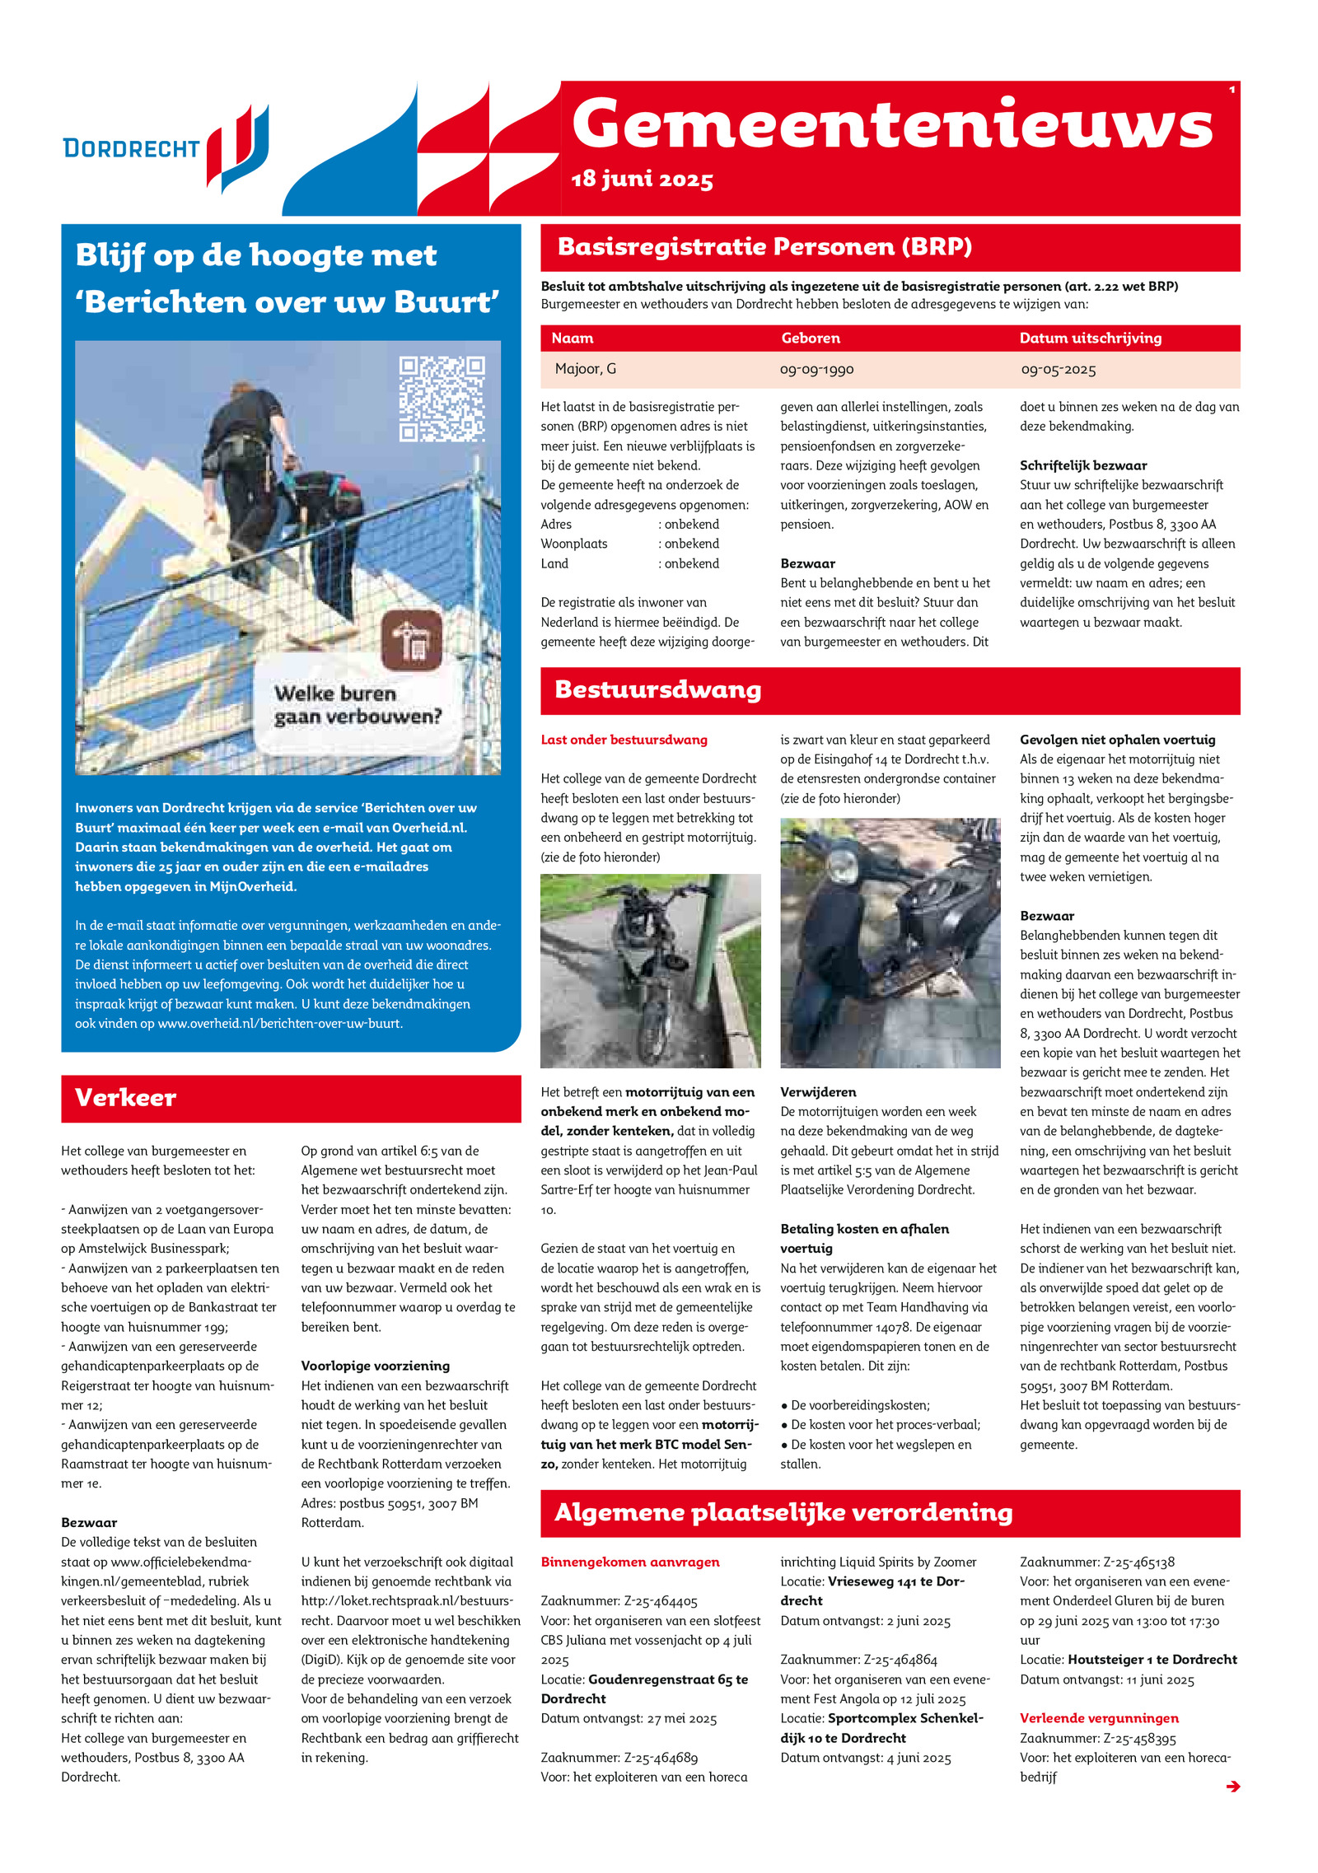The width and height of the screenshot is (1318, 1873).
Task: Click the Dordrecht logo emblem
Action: [238, 148]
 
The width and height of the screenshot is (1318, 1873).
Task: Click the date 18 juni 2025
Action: [642, 179]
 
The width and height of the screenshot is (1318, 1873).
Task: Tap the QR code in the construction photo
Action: [442, 399]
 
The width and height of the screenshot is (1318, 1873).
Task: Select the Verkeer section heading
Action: [125, 1097]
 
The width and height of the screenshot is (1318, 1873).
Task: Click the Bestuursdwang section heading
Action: [657, 689]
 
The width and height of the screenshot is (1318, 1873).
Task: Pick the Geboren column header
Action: [811, 338]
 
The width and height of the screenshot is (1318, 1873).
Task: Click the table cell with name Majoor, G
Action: [585, 369]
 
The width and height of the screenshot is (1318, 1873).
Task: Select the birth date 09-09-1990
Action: [816, 370]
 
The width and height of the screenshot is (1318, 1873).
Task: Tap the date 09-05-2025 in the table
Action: [1059, 370]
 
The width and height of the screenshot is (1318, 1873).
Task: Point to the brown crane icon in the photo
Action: [412, 640]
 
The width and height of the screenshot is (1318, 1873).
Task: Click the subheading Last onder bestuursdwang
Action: [624, 740]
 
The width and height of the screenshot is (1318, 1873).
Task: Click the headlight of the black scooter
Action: [842, 867]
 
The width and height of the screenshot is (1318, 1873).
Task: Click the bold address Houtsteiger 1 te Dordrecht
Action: [1152, 1660]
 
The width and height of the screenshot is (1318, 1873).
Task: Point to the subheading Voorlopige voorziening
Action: [375, 1366]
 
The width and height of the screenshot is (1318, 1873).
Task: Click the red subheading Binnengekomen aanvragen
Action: [629, 1562]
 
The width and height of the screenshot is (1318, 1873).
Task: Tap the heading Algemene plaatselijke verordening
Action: [783, 1512]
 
